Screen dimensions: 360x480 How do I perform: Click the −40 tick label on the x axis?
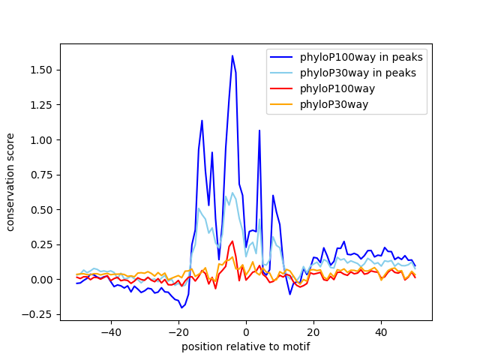click(110, 331)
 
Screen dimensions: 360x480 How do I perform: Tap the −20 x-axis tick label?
click(178, 331)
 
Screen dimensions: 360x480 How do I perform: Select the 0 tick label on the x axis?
click(246, 331)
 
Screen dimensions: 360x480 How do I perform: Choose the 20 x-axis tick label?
click(313, 331)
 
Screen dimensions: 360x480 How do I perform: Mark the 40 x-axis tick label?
click(381, 331)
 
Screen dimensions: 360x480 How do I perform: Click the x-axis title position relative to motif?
click(245, 346)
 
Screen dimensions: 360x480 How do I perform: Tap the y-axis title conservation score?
click(11, 182)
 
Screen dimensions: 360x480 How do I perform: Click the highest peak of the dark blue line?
click(232, 55)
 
